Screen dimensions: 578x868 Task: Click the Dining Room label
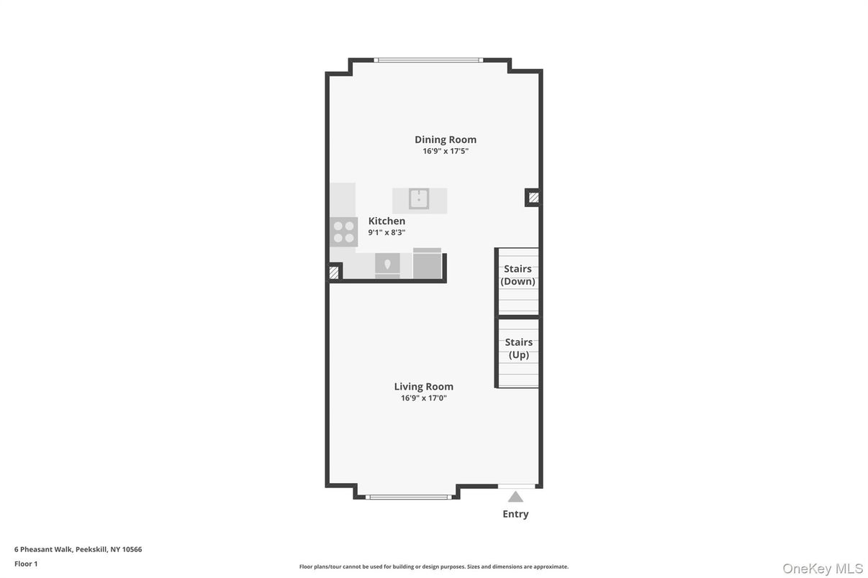pyautogui.click(x=445, y=139)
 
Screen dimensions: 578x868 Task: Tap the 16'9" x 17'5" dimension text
pyautogui.click(x=445, y=152)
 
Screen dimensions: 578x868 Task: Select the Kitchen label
pyautogui.click(x=386, y=221)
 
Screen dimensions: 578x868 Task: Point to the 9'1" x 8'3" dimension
pyautogui.click(x=386, y=233)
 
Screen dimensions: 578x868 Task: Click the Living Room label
pyautogui.click(x=423, y=387)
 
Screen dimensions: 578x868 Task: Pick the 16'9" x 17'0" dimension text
pyautogui.click(x=423, y=398)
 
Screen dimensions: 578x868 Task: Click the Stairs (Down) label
pyautogui.click(x=517, y=275)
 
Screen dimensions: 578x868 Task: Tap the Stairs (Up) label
pyautogui.click(x=518, y=349)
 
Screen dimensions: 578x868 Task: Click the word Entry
pyautogui.click(x=515, y=514)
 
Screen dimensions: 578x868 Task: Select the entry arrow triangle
pyautogui.click(x=515, y=497)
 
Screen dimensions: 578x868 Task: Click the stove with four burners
pyautogui.click(x=344, y=231)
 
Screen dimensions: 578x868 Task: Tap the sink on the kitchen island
pyautogui.click(x=419, y=198)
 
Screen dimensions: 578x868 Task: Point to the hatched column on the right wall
pyautogui.click(x=533, y=197)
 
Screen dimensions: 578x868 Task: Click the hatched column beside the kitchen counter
pyautogui.click(x=334, y=272)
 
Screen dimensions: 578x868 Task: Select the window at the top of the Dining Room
pyautogui.click(x=428, y=60)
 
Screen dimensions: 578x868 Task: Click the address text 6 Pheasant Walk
pyautogui.click(x=78, y=549)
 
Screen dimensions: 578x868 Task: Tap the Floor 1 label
pyautogui.click(x=26, y=564)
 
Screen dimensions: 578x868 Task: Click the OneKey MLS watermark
pyautogui.click(x=823, y=569)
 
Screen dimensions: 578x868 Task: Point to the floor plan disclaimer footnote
pyautogui.click(x=433, y=566)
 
